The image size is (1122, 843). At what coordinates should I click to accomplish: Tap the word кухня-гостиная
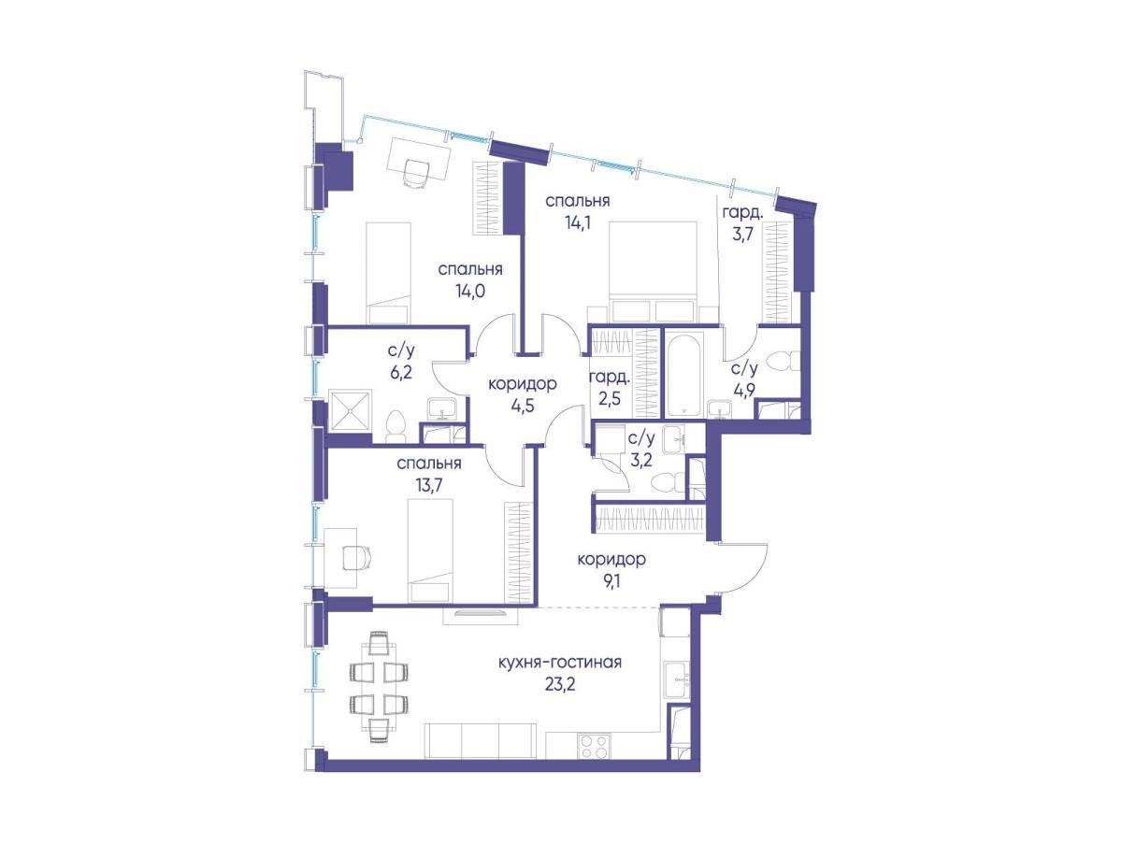pos(560,663)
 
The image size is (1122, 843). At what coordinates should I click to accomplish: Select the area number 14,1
pos(578,223)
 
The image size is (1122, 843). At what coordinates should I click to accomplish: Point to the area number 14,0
pos(469,292)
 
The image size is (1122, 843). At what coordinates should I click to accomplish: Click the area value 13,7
pos(428,485)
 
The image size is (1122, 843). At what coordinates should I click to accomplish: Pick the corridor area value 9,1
pos(611,581)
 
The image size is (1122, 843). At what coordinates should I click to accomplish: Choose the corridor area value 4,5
pos(522,407)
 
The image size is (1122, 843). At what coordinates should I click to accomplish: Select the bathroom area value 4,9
pos(742,390)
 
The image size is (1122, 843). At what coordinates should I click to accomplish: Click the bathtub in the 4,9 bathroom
pos(683,374)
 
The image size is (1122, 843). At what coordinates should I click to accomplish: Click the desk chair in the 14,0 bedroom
pos(418,173)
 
